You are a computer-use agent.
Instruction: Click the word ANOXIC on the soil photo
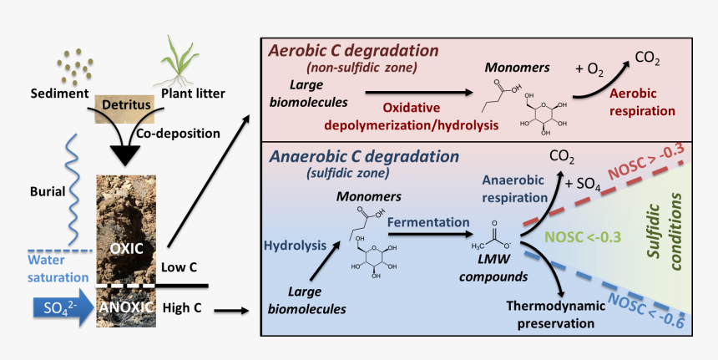coord(125,307)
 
